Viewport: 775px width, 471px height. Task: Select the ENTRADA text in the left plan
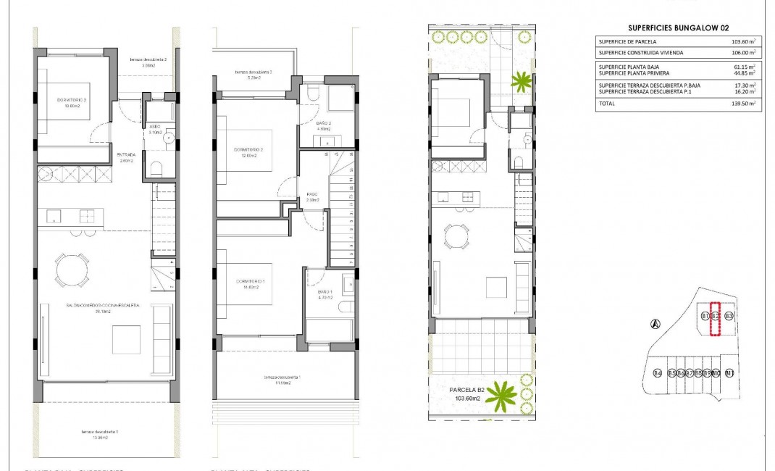(126, 154)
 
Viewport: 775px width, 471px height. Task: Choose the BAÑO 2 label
(324, 123)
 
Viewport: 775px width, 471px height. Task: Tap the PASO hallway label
(313, 195)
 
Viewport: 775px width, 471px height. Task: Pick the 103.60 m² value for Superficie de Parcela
(743, 41)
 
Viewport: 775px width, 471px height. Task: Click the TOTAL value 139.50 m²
(743, 104)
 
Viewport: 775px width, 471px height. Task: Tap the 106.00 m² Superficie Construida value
(743, 53)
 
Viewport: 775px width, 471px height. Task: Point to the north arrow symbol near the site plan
(655, 325)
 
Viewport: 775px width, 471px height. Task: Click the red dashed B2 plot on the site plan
(716, 319)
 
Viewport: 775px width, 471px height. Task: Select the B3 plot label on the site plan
(729, 317)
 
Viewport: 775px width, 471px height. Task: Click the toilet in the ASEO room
(155, 169)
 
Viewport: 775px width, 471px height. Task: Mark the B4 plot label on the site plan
(658, 374)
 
